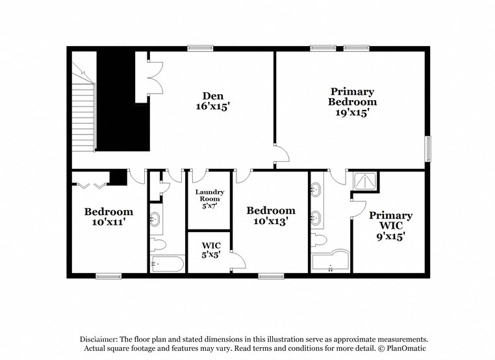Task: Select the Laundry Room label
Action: coord(210,195)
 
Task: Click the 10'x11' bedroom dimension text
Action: coord(108,222)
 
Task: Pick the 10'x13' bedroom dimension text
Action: coord(271,221)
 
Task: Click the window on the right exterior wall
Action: coord(427,149)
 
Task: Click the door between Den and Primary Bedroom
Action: coord(281,156)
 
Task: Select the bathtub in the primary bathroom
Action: coord(329,261)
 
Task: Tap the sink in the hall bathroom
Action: coord(156,219)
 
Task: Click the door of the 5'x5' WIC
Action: coord(238,259)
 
